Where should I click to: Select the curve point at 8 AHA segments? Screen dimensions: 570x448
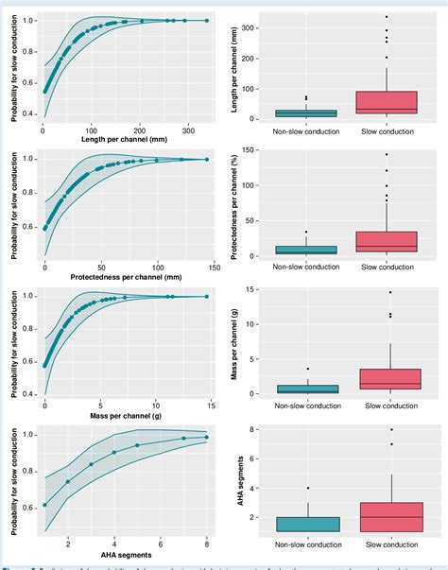point(207,437)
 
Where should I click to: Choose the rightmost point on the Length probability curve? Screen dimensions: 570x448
point(207,20)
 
